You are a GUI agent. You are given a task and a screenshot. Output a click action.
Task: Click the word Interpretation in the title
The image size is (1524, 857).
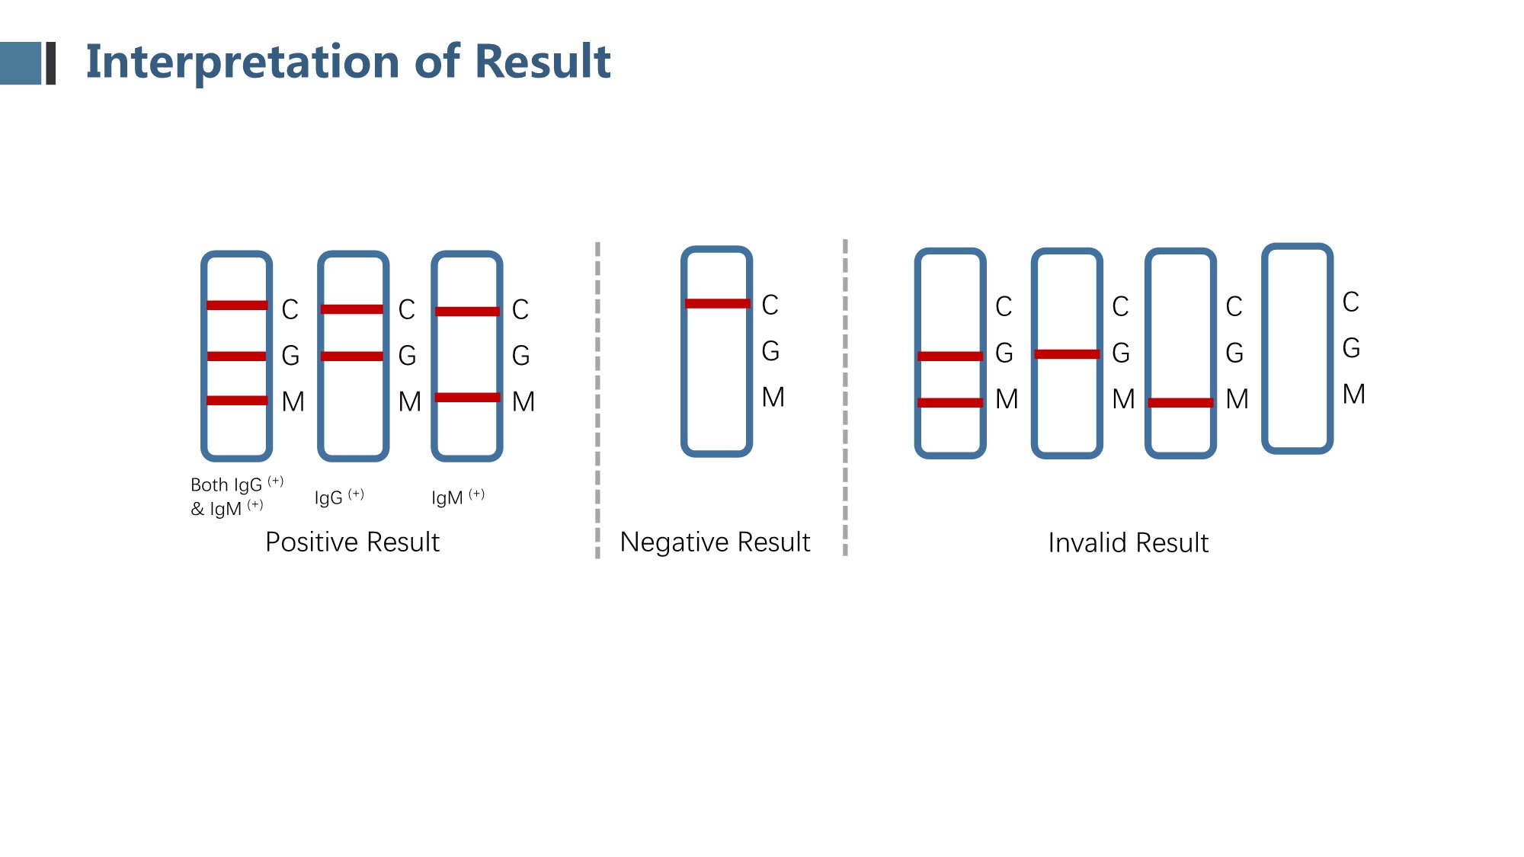point(243,61)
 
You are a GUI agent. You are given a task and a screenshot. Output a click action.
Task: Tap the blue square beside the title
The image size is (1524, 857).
point(20,62)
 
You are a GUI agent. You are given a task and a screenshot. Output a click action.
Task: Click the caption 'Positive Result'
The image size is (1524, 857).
point(352,542)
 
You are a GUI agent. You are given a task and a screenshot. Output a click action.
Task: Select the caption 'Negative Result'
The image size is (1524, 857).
point(715,542)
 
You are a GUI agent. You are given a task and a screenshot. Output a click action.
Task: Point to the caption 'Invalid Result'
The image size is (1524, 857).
point(1128,543)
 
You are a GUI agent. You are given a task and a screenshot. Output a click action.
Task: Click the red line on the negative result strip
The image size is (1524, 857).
point(717,303)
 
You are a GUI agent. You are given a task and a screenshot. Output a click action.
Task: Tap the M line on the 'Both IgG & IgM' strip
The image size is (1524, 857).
point(237,401)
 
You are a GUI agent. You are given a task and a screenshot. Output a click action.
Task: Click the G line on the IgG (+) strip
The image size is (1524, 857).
point(352,356)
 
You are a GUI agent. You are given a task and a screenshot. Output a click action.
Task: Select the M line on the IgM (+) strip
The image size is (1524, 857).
point(467,397)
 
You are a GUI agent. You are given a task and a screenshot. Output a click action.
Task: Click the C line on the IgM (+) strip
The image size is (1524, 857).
point(467,311)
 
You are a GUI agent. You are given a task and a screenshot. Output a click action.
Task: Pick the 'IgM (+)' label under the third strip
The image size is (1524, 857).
point(458,497)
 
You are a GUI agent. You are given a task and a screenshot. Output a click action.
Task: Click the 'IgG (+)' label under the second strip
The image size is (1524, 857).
point(339,497)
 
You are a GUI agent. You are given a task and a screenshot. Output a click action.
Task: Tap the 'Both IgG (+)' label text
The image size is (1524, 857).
point(237,484)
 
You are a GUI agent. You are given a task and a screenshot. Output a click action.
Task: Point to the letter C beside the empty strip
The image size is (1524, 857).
point(1350,302)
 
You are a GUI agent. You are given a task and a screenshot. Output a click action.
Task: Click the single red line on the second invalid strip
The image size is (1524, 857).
point(1067,353)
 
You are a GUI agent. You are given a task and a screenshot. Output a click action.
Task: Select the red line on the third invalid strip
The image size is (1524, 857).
point(1180,402)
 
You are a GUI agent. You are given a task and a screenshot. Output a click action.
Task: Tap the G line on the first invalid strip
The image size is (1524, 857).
point(950,356)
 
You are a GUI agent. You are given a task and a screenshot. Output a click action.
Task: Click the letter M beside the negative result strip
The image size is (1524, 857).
point(773,397)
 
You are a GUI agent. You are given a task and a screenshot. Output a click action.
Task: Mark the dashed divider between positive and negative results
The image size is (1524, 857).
point(597,400)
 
